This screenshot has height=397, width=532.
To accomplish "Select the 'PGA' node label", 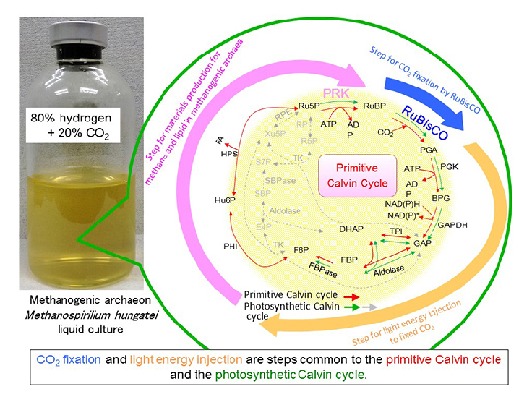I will [x=429, y=150].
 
